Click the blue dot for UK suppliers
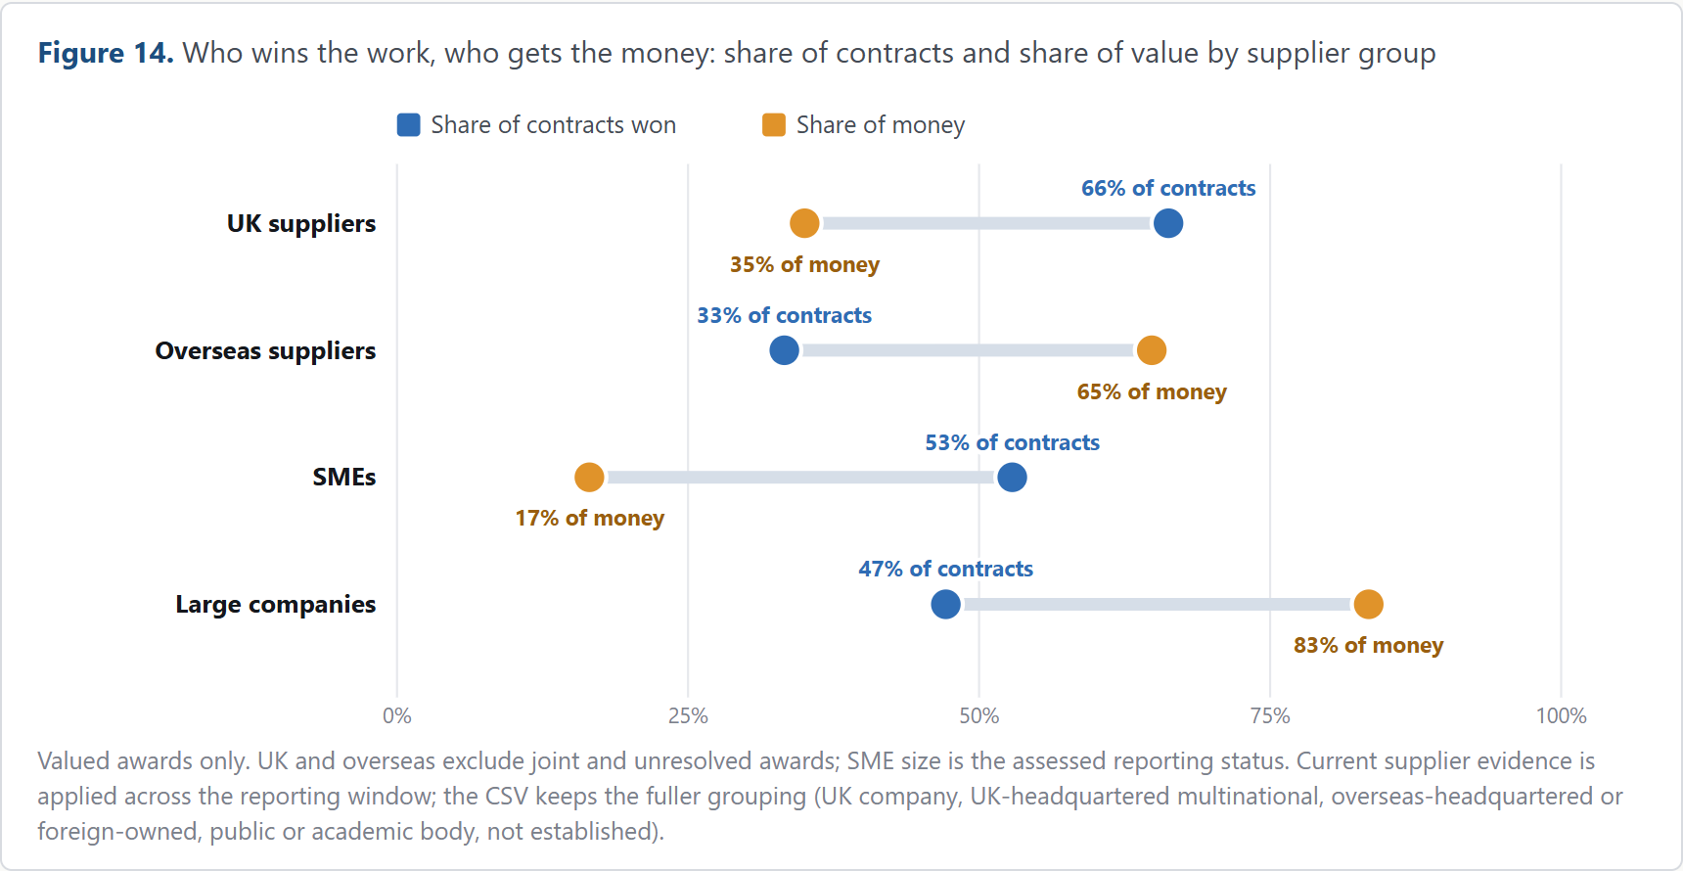point(1167,223)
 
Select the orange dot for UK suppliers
point(804,223)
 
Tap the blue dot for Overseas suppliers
point(784,349)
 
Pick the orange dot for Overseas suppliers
point(1152,349)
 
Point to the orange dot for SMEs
point(589,477)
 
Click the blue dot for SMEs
point(1012,477)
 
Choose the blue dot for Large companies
point(945,604)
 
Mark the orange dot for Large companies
point(1368,604)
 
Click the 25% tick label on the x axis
point(688,715)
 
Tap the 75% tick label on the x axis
point(1270,715)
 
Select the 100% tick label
point(1561,715)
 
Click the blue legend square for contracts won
point(408,124)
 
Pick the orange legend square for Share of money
point(774,124)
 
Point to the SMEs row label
point(344,477)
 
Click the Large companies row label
point(276,604)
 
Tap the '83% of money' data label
point(1368,645)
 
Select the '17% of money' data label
point(589,518)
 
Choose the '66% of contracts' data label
point(1168,188)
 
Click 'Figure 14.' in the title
point(106,53)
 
